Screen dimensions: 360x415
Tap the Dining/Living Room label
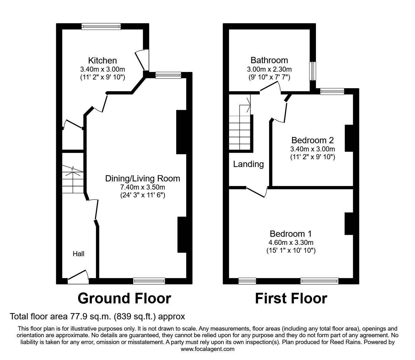(142, 179)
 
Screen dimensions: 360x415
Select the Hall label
(78, 254)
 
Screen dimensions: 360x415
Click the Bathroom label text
(269, 60)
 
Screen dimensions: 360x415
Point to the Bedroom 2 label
(312, 140)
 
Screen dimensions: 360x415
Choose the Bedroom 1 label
(291, 234)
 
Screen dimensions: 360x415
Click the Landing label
(248, 164)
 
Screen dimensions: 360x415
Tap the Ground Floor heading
(124, 298)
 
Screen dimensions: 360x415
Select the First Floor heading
(291, 298)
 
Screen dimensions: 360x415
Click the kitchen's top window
(101, 27)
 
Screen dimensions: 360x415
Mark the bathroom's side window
(312, 71)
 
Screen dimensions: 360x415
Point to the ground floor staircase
(72, 180)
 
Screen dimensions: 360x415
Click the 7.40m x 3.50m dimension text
(142, 187)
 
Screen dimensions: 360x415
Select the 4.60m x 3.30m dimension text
(291, 242)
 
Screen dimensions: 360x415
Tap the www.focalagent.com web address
(207, 349)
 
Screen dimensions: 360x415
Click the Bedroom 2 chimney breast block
(348, 138)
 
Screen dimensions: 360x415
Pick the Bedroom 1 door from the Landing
(257, 192)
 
